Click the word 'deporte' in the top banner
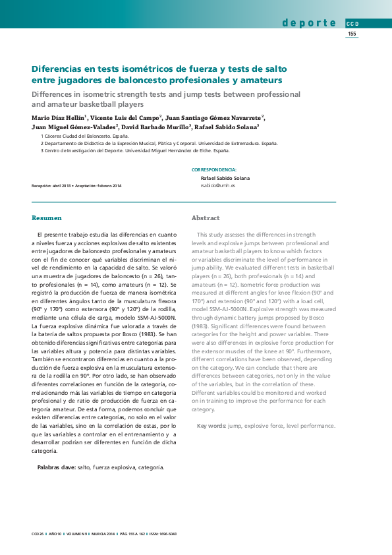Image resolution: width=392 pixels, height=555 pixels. pyautogui.click(x=310, y=23)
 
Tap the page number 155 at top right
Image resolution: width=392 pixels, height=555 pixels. pyautogui.click(x=352, y=34)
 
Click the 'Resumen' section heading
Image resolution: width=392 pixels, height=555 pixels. pyautogui.click(x=47, y=218)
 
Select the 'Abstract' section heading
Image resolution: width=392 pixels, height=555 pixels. pyautogui.click(x=206, y=218)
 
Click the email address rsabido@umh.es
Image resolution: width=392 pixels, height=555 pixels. pyautogui.click(x=217, y=186)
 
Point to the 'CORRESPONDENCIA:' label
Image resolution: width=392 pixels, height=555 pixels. pyautogui.click(x=213, y=169)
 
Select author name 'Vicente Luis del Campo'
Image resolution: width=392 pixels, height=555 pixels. pyautogui.click(x=125, y=117)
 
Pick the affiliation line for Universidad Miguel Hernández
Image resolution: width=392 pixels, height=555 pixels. pyautogui.click(x=135, y=150)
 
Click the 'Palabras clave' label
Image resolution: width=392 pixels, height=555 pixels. pyautogui.click(x=55, y=467)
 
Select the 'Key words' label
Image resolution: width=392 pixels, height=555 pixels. pyautogui.click(x=211, y=426)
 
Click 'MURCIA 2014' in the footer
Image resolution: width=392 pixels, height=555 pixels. pyautogui.click(x=103, y=533)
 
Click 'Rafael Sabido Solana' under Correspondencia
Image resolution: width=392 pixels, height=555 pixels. pyautogui.click(x=225, y=178)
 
